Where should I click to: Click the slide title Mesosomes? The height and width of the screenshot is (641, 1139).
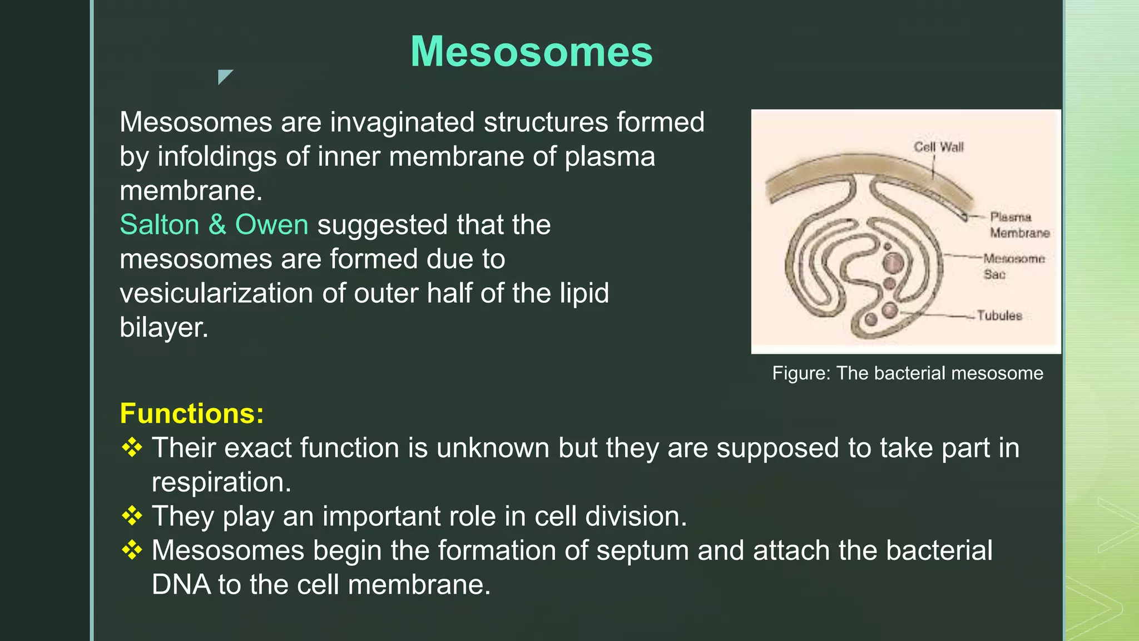click(531, 51)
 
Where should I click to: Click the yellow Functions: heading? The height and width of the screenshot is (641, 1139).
click(192, 413)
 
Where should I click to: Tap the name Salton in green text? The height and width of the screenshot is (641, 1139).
click(160, 225)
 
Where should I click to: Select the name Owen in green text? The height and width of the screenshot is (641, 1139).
click(271, 225)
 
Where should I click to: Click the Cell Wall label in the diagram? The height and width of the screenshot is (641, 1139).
click(938, 147)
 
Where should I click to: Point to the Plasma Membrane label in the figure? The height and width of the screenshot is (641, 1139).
click(1019, 225)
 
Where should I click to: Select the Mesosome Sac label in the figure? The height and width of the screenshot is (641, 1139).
click(1013, 266)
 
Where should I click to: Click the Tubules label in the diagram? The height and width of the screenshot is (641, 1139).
click(999, 315)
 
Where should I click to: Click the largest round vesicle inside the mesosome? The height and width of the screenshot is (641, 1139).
click(894, 263)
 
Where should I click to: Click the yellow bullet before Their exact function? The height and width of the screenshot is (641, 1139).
click(132, 447)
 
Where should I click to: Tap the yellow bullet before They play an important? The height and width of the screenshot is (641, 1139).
click(132, 516)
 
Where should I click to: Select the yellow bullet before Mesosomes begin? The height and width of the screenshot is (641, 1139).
click(132, 550)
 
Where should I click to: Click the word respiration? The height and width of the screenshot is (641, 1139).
click(221, 482)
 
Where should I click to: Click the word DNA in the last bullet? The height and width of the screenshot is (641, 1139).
click(181, 585)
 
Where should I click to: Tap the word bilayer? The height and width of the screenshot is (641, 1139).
click(164, 327)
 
